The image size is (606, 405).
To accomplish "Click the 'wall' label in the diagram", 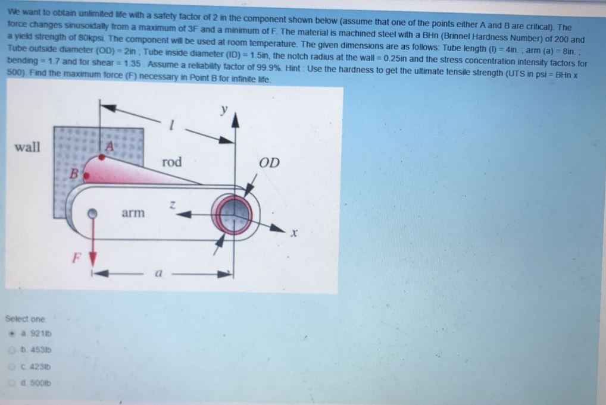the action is [x=27, y=147].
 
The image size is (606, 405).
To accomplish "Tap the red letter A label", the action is [x=110, y=146].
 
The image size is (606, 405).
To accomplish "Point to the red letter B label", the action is [x=74, y=173].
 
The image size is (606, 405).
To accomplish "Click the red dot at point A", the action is [x=101, y=157].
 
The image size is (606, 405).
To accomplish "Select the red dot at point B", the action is [x=86, y=176].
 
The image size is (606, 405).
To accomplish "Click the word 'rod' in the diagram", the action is [x=171, y=161].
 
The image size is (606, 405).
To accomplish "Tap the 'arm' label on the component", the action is [x=133, y=213].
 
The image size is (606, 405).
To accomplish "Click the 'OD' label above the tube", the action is [x=269, y=162].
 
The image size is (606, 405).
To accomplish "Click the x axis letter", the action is [x=294, y=233].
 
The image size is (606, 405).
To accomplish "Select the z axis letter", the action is [x=173, y=205].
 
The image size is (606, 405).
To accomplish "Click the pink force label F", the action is [x=77, y=258].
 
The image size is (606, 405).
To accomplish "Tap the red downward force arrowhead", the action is [x=92, y=259].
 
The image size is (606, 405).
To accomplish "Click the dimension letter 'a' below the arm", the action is [x=158, y=274].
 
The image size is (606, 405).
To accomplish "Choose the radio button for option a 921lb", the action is [x=13, y=334].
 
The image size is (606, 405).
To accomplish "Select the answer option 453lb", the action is [x=36, y=350].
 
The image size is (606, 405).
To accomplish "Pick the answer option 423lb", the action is [x=36, y=367].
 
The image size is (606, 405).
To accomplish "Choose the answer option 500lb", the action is [x=36, y=384].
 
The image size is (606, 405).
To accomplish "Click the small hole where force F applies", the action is [x=92, y=214].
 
